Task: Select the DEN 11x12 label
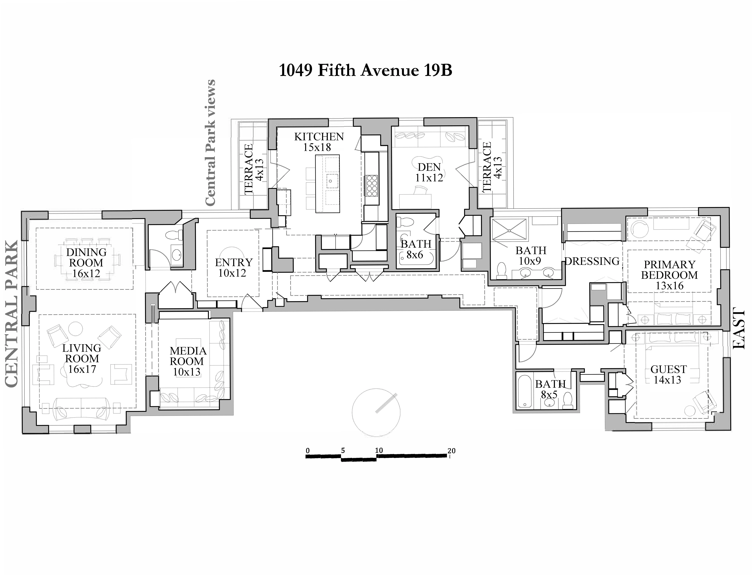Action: [429, 172]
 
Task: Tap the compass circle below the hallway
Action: [376, 412]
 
